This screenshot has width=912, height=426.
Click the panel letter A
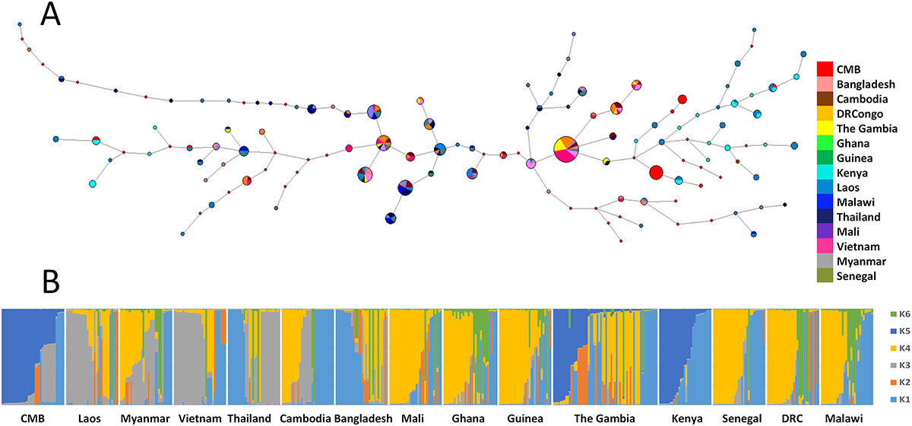pos(51,16)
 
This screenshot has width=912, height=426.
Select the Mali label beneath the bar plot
pos(413,418)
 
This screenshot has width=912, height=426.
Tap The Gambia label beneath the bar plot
pos(604,418)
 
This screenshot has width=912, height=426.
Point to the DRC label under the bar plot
pos(788,418)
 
